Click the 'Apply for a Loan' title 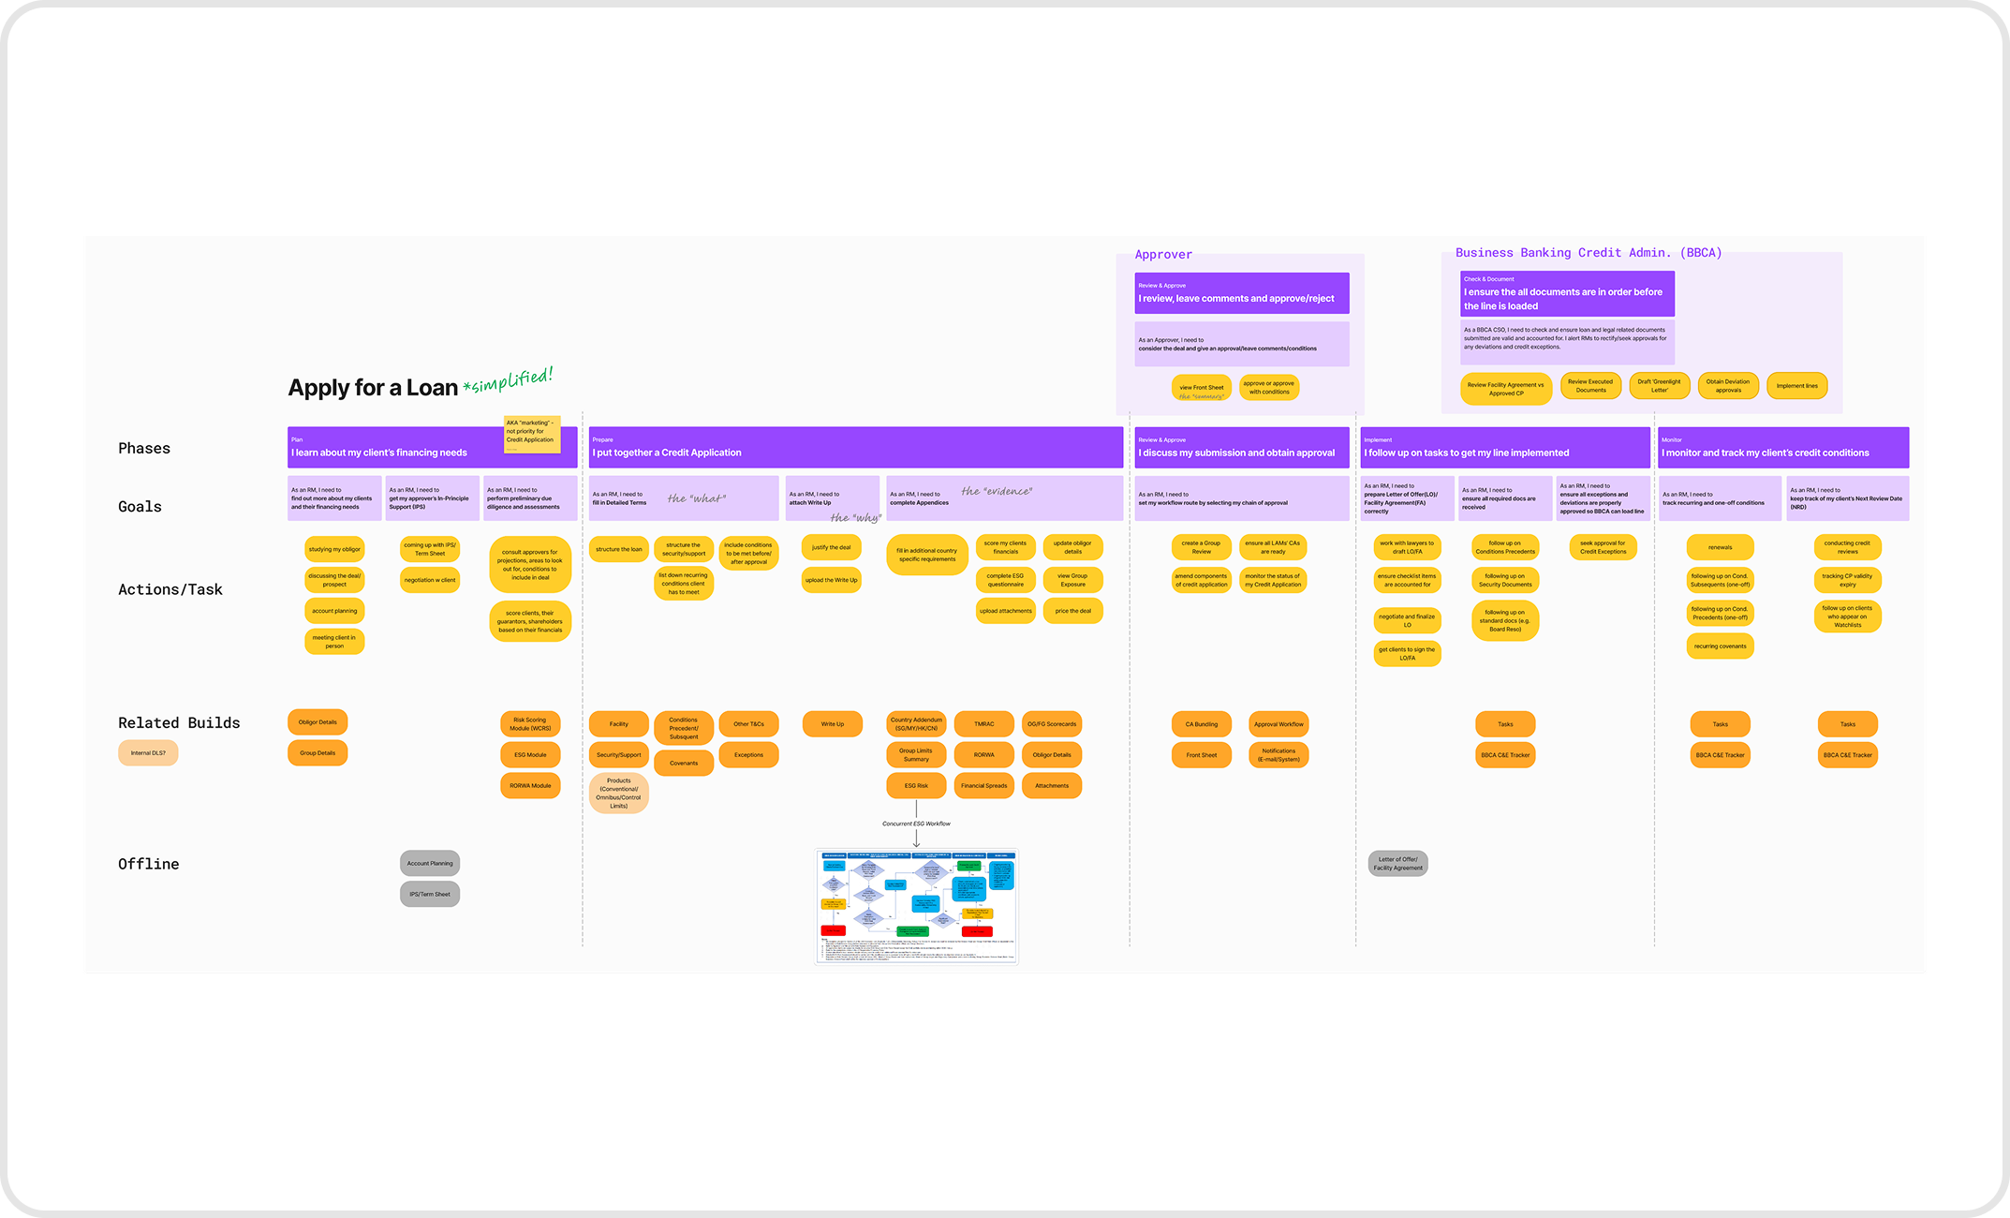[373, 388]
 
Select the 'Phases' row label [144, 449]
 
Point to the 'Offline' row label [148, 864]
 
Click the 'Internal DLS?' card [148, 753]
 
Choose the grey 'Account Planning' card [430, 863]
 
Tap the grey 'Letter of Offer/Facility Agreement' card [1397, 864]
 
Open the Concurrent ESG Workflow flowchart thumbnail [917, 906]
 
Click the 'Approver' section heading [1163, 255]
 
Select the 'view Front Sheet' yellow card [1202, 388]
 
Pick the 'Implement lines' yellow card [1796, 386]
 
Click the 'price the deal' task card [1073, 611]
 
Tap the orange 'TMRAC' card [983, 724]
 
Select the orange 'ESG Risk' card [916, 786]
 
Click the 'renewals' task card [1720, 547]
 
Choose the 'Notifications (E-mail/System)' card [1278, 755]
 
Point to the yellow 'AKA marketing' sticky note [531, 434]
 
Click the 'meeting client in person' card [334, 642]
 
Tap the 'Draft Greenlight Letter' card [1659, 386]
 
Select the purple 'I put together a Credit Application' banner [855, 448]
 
